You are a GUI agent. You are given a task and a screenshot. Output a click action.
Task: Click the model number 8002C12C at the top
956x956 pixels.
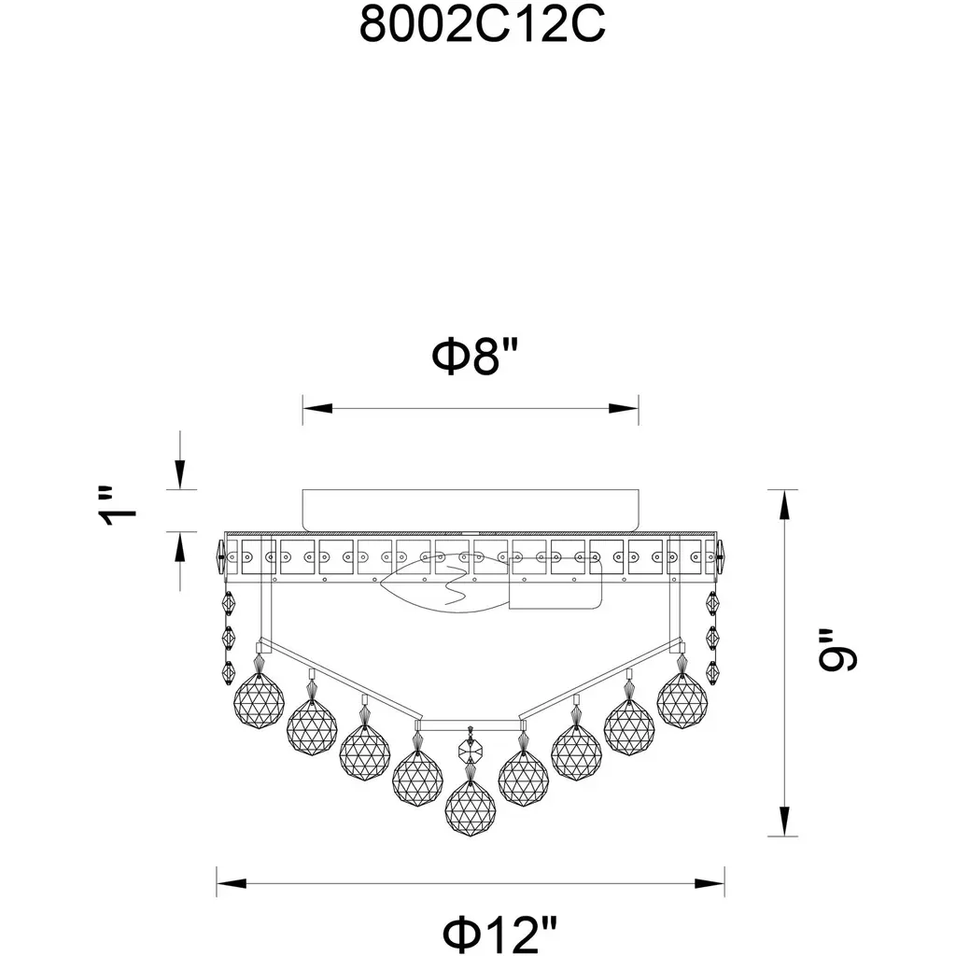(482, 25)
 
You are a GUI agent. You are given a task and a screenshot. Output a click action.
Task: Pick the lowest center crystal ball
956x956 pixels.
(471, 808)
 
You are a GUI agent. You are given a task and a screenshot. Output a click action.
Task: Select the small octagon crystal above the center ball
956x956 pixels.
(471, 748)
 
